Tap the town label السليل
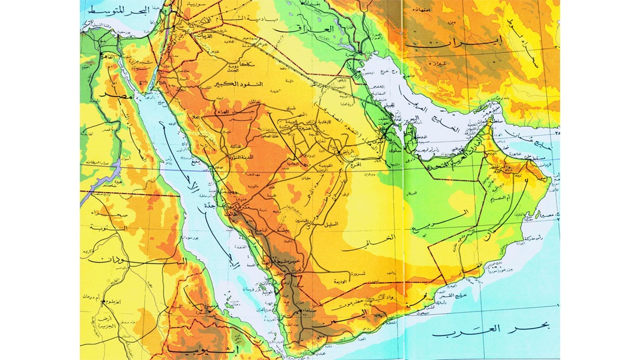click(331, 224)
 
